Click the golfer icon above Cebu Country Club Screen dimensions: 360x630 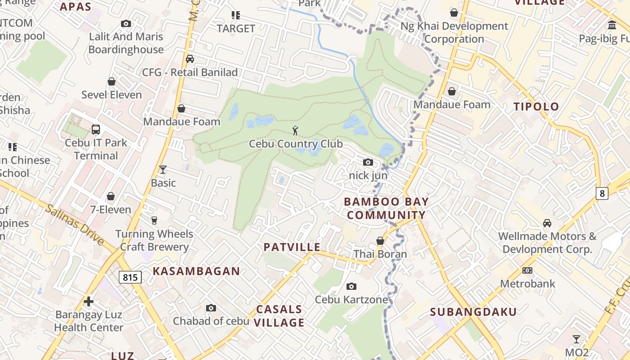pyautogui.click(x=295, y=130)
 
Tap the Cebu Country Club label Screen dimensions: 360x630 pyautogui.click(x=296, y=144)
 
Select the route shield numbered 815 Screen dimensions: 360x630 pyautogui.click(x=130, y=277)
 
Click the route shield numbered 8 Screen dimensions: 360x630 pyautogui.click(x=602, y=193)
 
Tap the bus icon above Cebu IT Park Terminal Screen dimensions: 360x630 pyautogui.click(x=95, y=130)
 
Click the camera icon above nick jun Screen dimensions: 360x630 pyautogui.click(x=368, y=162)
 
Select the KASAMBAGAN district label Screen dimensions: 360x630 pyautogui.click(x=196, y=271)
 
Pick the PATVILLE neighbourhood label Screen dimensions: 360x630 pyautogui.click(x=292, y=247)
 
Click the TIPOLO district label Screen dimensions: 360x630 pyautogui.click(x=536, y=107)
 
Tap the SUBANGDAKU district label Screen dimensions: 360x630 pyautogui.click(x=473, y=312)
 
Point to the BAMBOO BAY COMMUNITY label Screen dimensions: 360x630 pyautogui.click(x=386, y=208)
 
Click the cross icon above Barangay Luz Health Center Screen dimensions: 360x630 pyautogui.click(x=89, y=301)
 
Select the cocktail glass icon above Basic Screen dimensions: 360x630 pyautogui.click(x=163, y=170)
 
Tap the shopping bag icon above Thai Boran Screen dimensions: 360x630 pyautogui.click(x=380, y=241)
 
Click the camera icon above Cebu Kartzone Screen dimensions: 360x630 pyautogui.click(x=351, y=286)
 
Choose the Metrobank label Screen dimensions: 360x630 pyautogui.click(x=527, y=283)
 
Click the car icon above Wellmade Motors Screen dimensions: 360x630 pyautogui.click(x=547, y=223)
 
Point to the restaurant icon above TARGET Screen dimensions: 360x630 pyautogui.click(x=235, y=15)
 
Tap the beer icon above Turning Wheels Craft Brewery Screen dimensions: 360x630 pyautogui.click(x=154, y=220)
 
